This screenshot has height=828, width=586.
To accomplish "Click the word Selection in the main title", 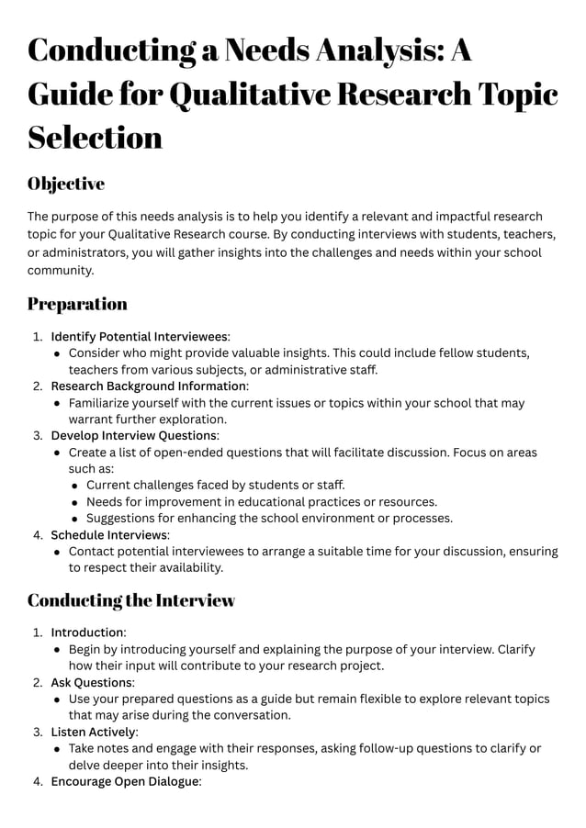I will coord(95,137).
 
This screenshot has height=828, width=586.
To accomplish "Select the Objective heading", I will coord(66,184).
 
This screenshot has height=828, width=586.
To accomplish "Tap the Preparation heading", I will coord(77,304).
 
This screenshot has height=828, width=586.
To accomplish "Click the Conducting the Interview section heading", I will coord(131,600).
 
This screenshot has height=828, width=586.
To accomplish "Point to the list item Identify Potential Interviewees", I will coord(139,336).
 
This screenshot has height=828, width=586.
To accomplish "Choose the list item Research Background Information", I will coord(148,386).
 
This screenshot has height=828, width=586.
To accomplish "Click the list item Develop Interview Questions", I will coord(134,435).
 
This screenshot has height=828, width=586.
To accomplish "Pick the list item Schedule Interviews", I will coord(109,534).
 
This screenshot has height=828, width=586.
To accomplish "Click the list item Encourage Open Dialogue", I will coord(125,781).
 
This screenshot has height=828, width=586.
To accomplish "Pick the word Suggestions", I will coord(122,518).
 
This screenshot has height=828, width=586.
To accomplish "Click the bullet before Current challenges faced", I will coord(75,485).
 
